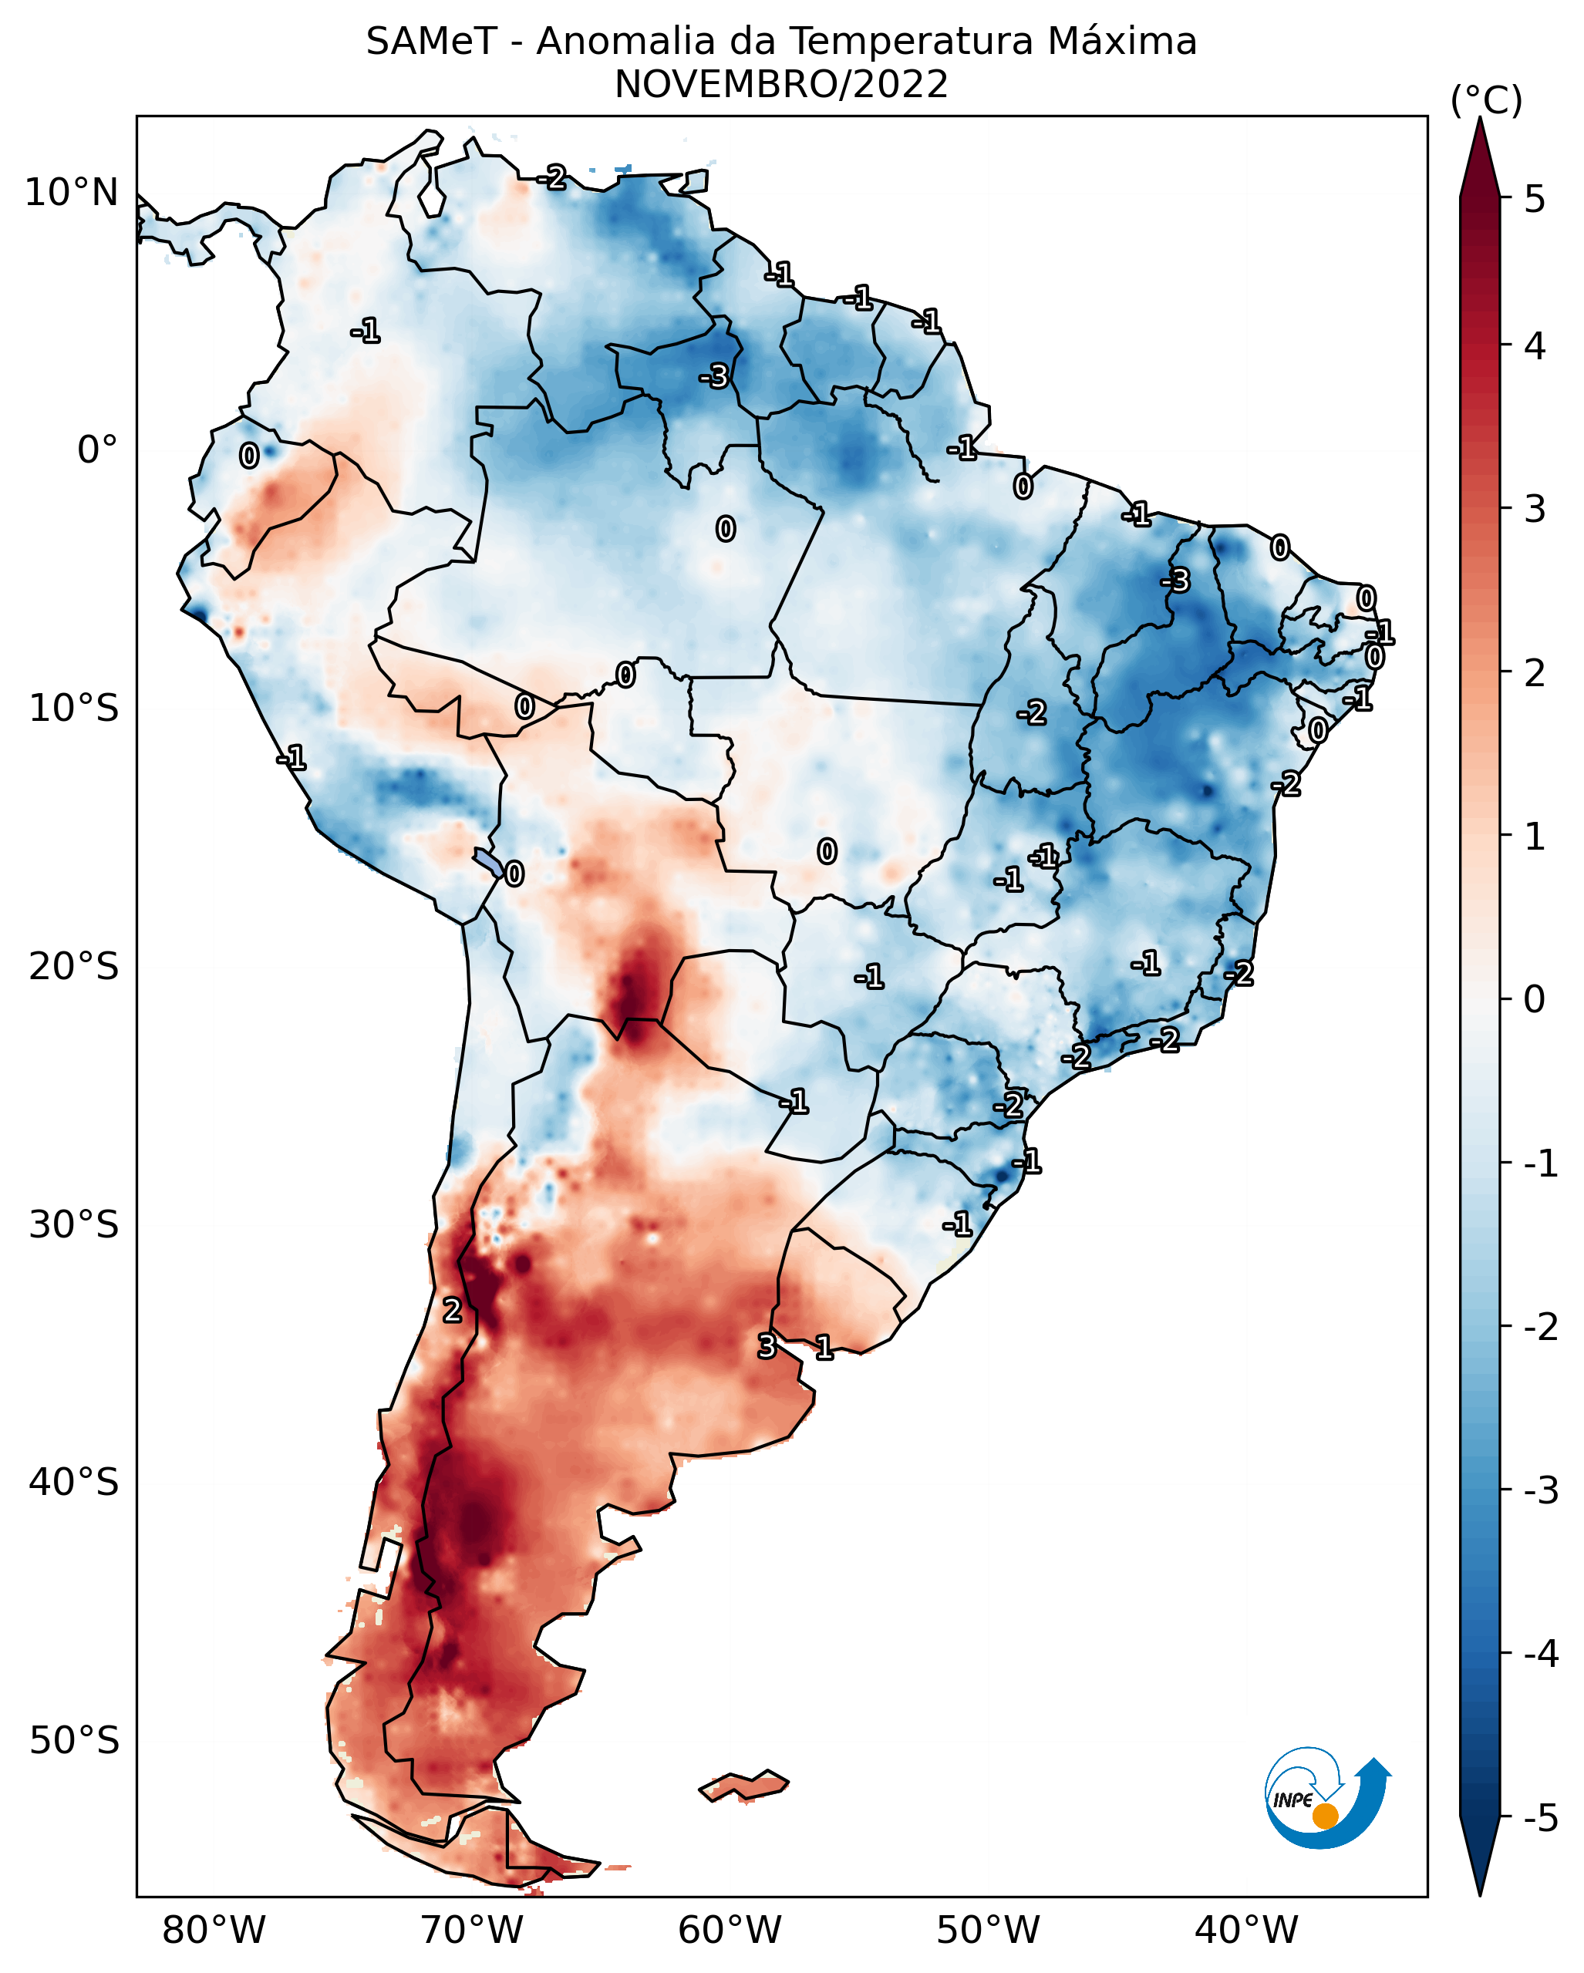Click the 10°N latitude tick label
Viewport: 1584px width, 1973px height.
[x=72, y=193]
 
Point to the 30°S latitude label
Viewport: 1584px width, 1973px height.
[x=74, y=1225]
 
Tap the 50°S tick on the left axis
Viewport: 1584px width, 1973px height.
[x=74, y=1742]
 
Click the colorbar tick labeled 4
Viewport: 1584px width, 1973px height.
[x=1535, y=347]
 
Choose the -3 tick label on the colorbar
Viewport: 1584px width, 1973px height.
[x=1540, y=1490]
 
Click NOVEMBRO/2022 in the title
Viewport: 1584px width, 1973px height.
[x=781, y=85]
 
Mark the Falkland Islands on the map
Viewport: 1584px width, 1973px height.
[x=743, y=1786]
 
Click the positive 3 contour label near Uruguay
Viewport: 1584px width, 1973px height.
[x=767, y=1346]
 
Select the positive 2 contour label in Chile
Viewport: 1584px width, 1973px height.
[x=452, y=1311]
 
